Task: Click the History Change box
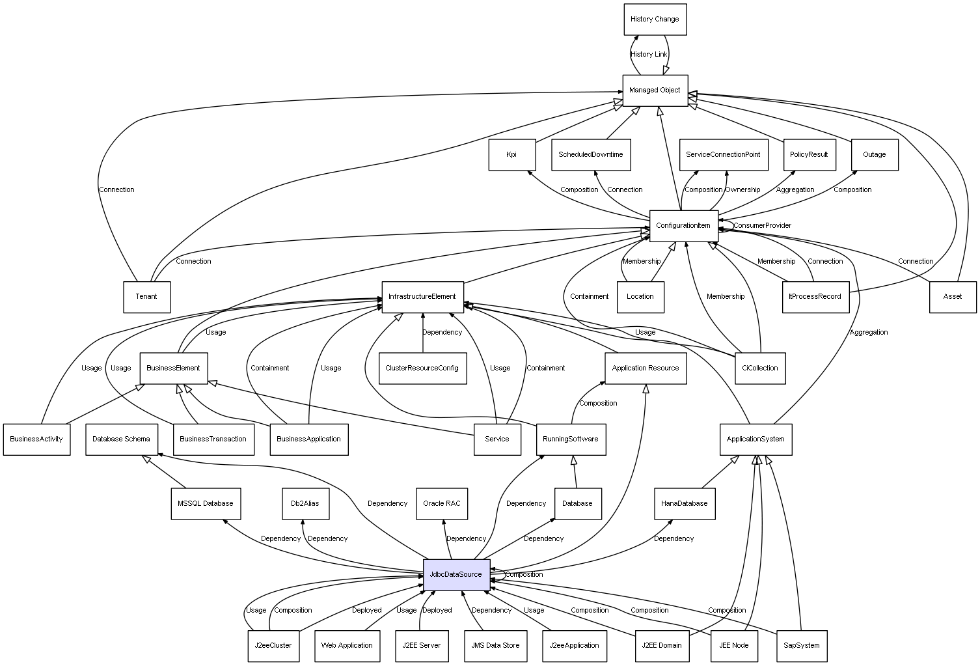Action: point(655,20)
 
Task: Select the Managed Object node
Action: point(655,90)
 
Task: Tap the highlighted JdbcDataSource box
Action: point(456,575)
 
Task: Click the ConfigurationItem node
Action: point(683,226)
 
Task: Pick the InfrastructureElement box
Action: point(422,297)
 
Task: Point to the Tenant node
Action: point(146,297)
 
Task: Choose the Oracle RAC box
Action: point(442,504)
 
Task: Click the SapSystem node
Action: point(801,646)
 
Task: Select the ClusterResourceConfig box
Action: point(422,368)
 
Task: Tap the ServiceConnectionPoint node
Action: point(723,155)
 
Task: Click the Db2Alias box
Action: point(305,504)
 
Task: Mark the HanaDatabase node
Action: point(684,504)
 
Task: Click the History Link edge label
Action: point(649,55)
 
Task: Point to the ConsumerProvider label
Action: point(763,226)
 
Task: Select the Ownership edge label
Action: point(742,190)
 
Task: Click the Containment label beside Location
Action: point(589,297)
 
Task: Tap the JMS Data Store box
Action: point(495,646)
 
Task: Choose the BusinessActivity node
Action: point(36,439)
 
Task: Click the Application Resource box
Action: point(645,368)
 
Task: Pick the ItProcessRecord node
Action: point(815,297)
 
